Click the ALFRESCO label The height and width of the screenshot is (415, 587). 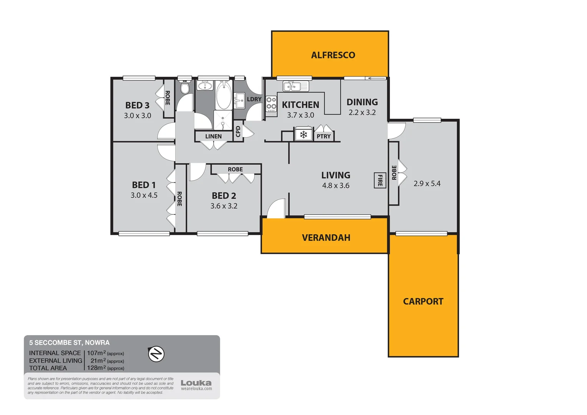click(333, 55)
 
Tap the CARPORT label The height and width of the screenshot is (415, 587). click(423, 301)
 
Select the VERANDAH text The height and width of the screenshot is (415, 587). click(326, 237)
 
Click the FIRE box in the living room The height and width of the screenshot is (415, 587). click(380, 180)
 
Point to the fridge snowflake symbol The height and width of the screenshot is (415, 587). click(303, 134)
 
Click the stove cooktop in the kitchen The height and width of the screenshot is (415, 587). click(271, 103)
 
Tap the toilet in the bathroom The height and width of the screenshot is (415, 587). click(185, 88)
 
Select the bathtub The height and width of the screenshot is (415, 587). click(224, 96)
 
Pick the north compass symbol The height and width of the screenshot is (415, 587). click(156, 354)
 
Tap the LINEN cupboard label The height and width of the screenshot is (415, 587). click(213, 136)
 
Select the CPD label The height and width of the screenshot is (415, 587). click(238, 131)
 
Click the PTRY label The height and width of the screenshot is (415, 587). click(323, 136)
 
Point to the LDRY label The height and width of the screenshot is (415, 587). click(254, 99)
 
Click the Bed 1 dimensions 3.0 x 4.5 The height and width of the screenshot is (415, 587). click(144, 195)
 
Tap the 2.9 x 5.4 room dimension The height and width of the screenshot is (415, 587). click(427, 184)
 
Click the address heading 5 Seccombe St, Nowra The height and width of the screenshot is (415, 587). click(69, 342)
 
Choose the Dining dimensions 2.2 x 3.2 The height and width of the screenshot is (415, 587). click(362, 113)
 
